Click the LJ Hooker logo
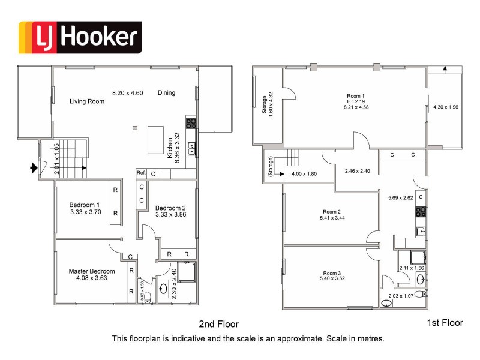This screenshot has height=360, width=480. (x=80, y=37)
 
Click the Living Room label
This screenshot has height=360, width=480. (x=86, y=101)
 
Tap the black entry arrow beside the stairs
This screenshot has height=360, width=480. (x=34, y=168)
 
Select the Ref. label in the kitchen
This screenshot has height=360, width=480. (x=141, y=173)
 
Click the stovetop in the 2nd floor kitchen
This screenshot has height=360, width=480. (x=191, y=124)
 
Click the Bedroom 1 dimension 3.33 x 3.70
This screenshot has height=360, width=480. (x=86, y=212)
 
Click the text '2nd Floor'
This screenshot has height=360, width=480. (x=219, y=324)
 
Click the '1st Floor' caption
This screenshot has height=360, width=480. (x=445, y=323)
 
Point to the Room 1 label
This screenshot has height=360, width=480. (x=355, y=95)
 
